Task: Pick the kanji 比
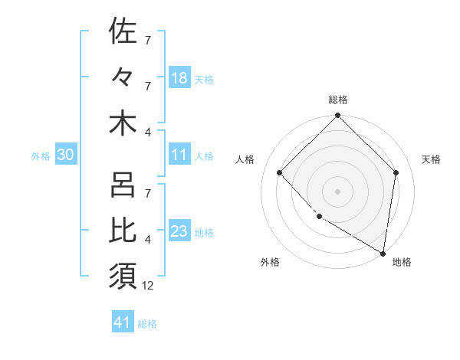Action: click(x=123, y=231)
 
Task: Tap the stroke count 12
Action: click(x=149, y=286)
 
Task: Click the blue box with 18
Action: click(x=179, y=77)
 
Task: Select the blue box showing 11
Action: click(x=179, y=155)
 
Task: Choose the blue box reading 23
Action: click(x=179, y=232)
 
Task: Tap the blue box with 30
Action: click(x=65, y=155)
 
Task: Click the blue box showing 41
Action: click(x=123, y=322)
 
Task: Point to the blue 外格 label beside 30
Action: click(x=41, y=156)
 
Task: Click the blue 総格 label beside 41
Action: click(x=148, y=324)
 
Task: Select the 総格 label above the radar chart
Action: click(x=338, y=100)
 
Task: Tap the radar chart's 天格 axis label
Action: click(x=431, y=159)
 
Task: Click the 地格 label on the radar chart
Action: click(x=402, y=263)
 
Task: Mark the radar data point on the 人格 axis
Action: click(x=280, y=172)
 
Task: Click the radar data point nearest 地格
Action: click(x=383, y=253)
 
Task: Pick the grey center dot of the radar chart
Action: click(x=338, y=191)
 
